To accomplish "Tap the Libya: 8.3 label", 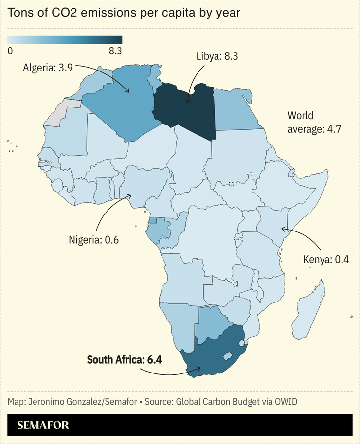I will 217,56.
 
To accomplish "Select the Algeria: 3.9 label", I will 48,68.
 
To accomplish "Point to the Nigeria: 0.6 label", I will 93,240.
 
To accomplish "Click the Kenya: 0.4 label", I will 326,259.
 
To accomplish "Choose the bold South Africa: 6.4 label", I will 124,360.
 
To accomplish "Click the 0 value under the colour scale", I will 10,51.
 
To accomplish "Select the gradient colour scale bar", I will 65,40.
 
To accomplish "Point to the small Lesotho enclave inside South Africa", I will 227,356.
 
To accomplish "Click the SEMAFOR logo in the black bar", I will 43,425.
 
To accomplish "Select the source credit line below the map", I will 152,402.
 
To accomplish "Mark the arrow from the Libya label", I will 192,83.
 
